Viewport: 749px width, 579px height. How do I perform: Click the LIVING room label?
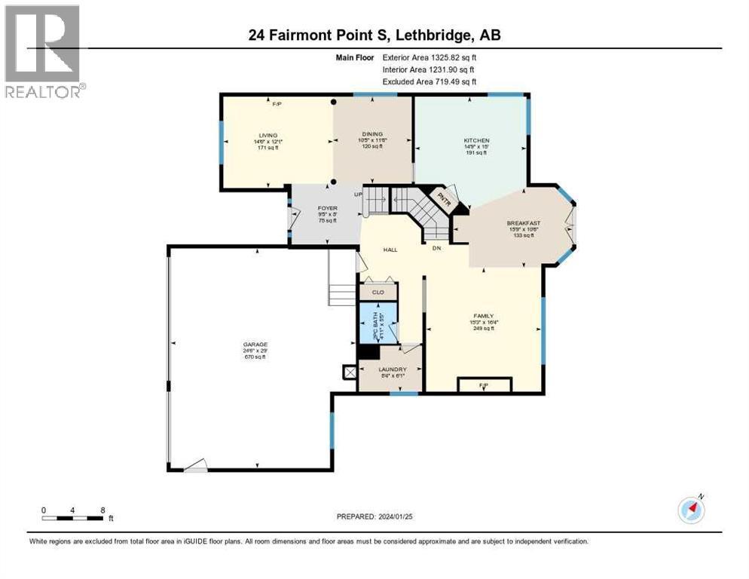click(269, 136)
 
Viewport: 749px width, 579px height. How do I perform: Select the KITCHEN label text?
click(476, 141)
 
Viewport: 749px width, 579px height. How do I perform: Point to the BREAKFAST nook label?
click(523, 223)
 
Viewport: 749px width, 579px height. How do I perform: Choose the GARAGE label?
click(255, 345)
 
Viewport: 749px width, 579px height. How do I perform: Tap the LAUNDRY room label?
click(393, 369)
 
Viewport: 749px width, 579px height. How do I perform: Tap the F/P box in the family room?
click(485, 385)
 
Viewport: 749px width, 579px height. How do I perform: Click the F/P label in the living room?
click(277, 104)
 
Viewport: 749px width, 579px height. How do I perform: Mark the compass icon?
click(691, 510)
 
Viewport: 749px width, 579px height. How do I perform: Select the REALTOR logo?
click(42, 51)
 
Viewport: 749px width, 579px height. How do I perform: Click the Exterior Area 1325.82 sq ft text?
click(430, 57)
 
